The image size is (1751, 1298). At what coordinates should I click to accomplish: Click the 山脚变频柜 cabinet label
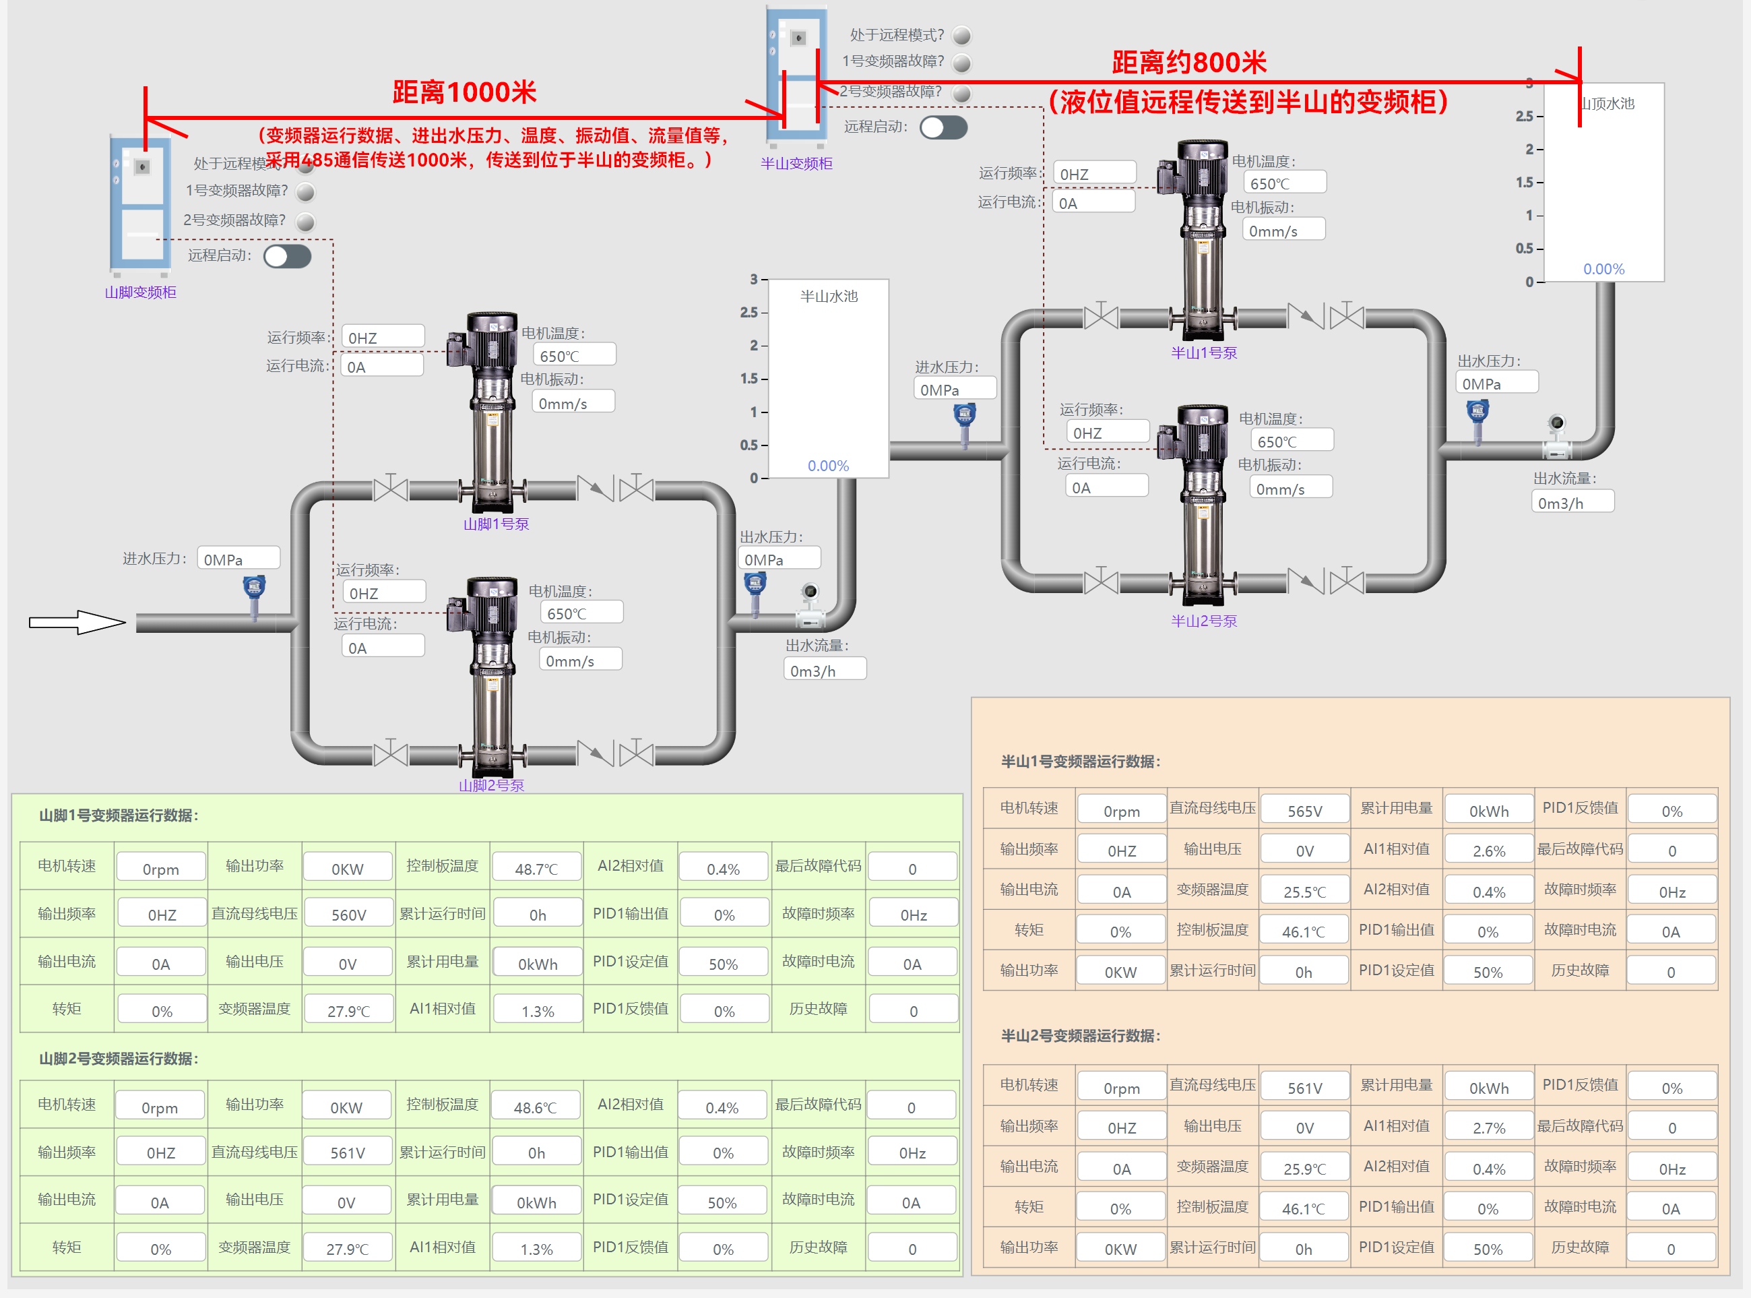click(141, 292)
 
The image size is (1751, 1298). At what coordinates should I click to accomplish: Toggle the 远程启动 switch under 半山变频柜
click(943, 127)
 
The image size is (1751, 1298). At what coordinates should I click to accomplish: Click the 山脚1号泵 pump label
click(496, 524)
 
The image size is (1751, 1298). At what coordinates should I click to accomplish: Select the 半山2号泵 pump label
click(1203, 621)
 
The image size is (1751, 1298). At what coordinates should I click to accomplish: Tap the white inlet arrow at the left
click(77, 622)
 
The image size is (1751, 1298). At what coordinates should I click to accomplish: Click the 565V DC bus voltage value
click(1304, 811)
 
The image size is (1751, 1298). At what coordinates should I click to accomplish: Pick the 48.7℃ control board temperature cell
click(536, 869)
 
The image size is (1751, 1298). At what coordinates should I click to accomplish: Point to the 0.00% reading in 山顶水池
click(1603, 269)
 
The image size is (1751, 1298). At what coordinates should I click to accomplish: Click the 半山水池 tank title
click(829, 297)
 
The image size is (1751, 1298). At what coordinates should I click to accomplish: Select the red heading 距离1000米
click(464, 92)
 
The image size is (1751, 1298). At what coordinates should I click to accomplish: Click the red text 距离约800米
click(1188, 62)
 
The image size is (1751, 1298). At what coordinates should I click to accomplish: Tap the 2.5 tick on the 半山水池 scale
click(749, 312)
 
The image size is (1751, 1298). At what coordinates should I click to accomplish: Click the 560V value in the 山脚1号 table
click(348, 915)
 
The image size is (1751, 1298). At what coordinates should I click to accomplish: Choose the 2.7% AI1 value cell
click(1489, 1127)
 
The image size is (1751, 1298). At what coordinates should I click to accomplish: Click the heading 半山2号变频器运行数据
click(1080, 1036)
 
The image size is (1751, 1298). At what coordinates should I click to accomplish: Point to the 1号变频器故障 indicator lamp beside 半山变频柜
click(961, 63)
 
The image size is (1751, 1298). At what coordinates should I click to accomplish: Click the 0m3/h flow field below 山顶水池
click(1572, 503)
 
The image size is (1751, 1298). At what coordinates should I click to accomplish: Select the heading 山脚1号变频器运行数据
click(119, 815)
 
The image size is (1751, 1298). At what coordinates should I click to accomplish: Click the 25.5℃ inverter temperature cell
click(1304, 892)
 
